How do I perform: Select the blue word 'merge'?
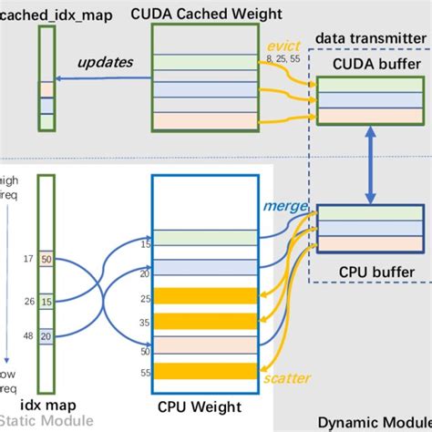pyautogui.click(x=281, y=207)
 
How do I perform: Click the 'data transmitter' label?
pyautogui.click(x=369, y=40)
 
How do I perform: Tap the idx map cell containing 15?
pyautogui.click(x=46, y=302)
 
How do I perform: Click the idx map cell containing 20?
pyautogui.click(x=46, y=335)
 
